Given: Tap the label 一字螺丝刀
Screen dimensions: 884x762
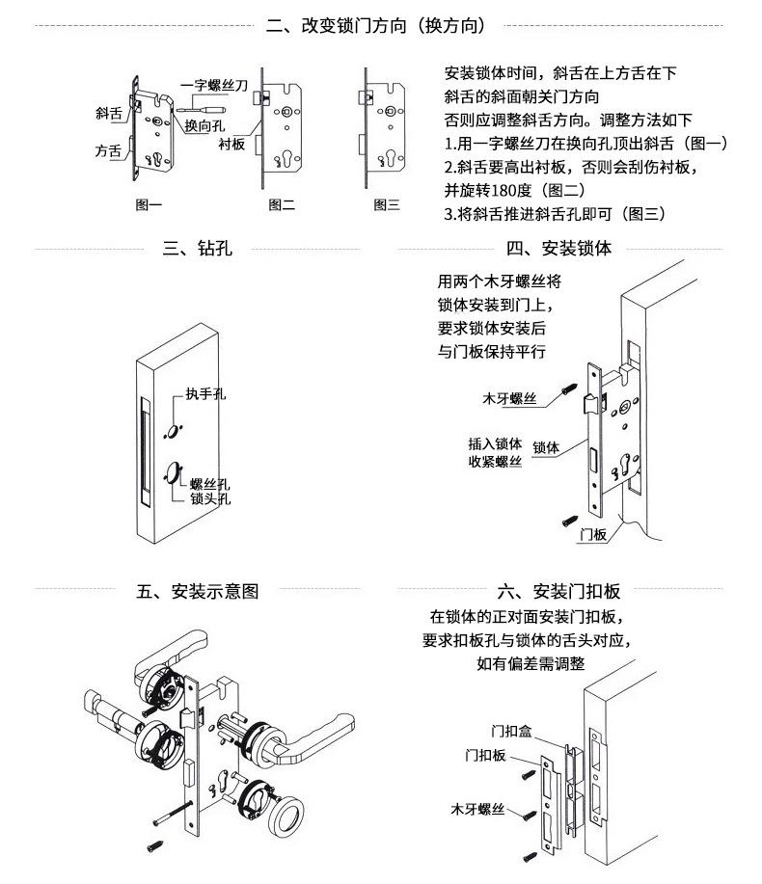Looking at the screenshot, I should point(214,86).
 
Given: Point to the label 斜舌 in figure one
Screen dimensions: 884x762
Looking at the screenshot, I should point(108,113).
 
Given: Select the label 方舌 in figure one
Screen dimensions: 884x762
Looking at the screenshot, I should point(108,151).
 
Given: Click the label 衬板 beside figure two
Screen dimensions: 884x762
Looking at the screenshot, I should point(231,144).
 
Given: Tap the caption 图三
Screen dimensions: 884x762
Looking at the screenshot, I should point(387,204).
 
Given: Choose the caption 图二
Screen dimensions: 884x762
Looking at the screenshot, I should point(282,204).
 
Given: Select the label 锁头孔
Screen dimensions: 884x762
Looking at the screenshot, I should point(210,499).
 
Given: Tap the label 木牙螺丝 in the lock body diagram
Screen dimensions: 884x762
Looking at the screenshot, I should point(509,397).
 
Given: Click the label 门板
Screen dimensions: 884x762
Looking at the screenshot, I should point(594,535).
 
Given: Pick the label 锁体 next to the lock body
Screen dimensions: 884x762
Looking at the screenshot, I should point(546,447).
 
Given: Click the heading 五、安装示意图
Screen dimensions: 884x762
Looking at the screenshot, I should point(197,591).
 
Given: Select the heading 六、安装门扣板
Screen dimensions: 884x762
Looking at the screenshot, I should point(558,591).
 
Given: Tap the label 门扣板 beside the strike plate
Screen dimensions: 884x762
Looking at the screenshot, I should point(486,754).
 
